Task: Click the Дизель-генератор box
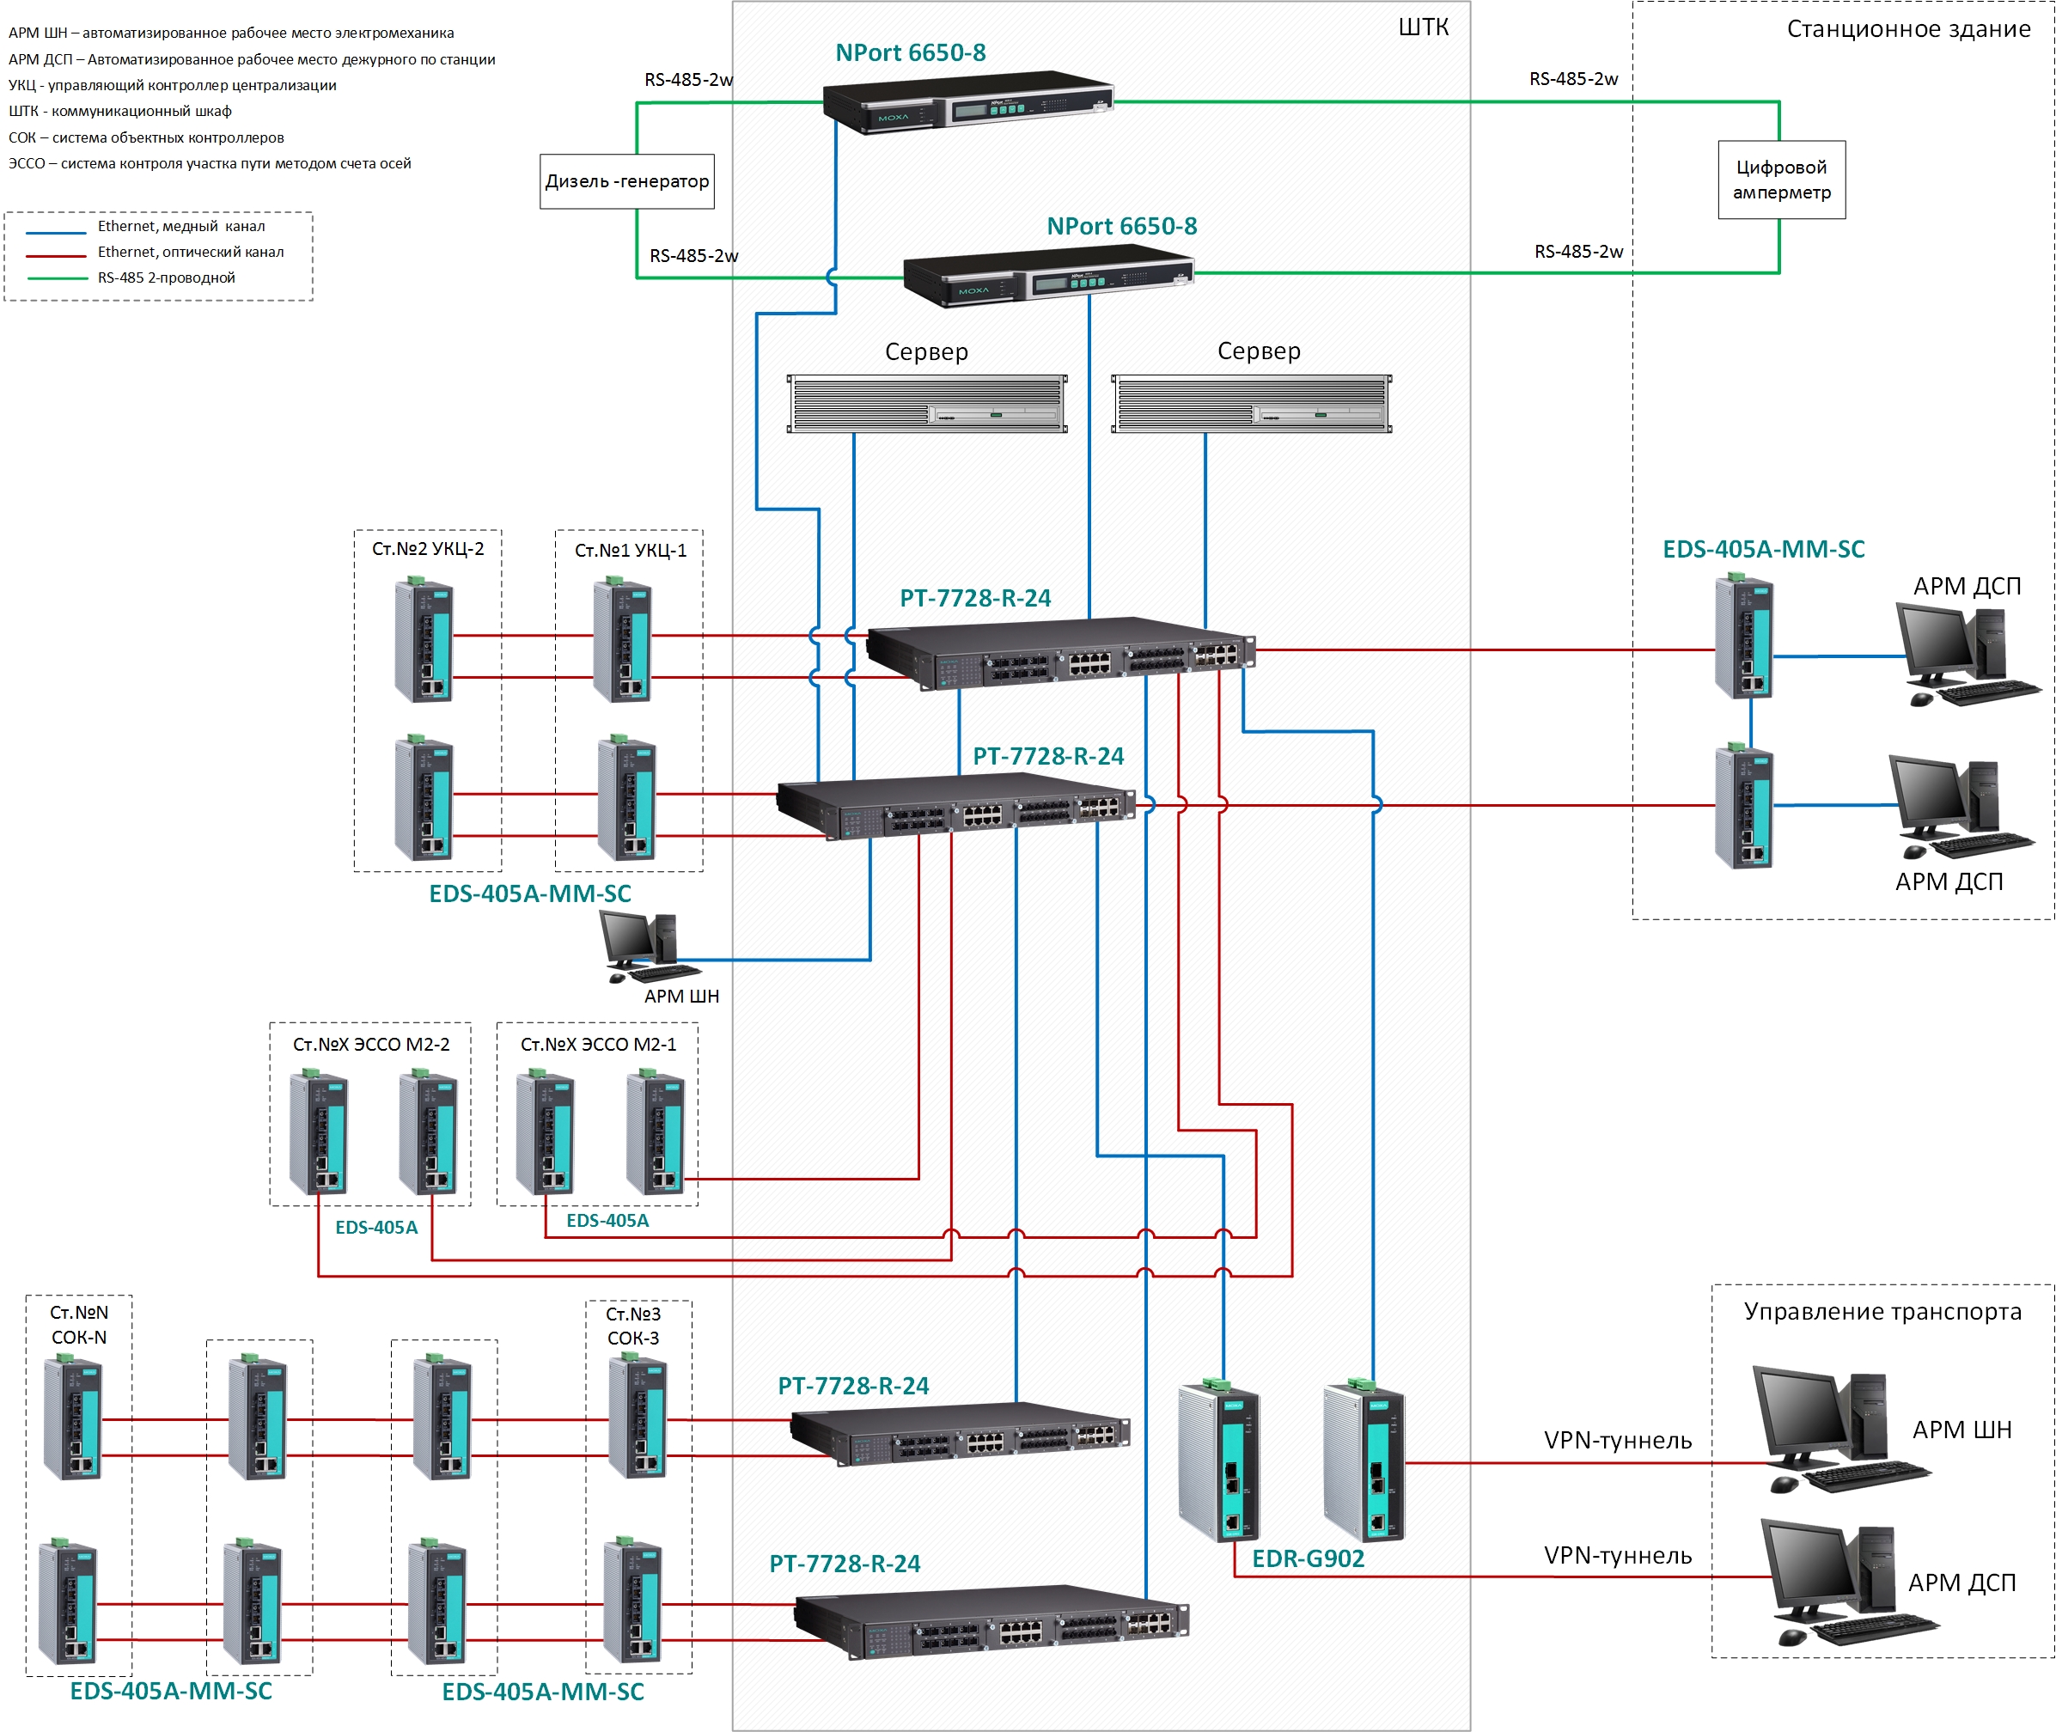[626, 180]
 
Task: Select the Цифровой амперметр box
[1781, 180]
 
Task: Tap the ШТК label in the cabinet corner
[1423, 27]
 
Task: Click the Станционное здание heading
[1907, 29]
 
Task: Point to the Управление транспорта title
[1882, 1312]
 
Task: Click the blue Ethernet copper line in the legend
[56, 233]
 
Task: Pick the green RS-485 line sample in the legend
[56, 279]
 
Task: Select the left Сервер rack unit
[927, 404]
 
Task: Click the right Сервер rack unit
[1251, 404]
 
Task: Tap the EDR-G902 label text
[1308, 1559]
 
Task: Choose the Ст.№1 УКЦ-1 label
[631, 551]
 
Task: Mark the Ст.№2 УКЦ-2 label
[427, 549]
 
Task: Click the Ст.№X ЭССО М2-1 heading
[598, 1045]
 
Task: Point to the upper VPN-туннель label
[1617, 1441]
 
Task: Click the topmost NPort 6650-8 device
[967, 101]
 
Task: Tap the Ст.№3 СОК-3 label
[632, 1326]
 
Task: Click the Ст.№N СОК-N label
[78, 1325]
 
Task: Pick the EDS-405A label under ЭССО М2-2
[376, 1228]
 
